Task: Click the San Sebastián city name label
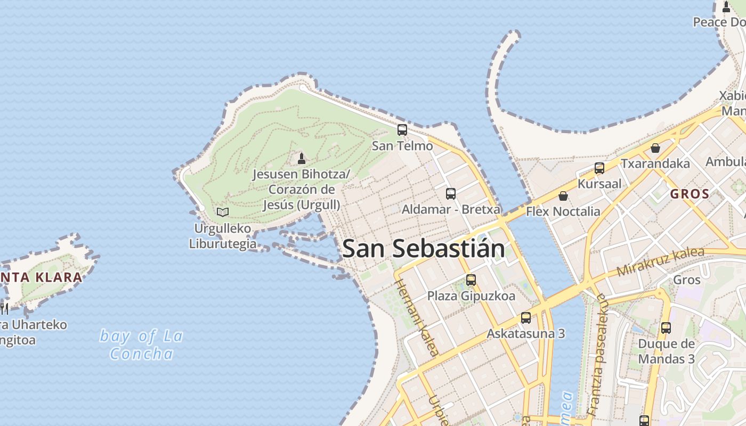(x=424, y=249)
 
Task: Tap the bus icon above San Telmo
(x=402, y=129)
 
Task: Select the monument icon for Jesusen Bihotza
(x=302, y=158)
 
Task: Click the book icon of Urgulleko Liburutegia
(x=223, y=212)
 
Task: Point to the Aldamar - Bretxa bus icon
(x=451, y=193)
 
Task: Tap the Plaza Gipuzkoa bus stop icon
(x=471, y=280)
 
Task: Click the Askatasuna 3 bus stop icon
(x=526, y=318)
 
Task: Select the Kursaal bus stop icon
(x=599, y=168)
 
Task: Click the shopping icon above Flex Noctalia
(x=563, y=196)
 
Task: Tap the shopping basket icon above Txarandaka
(x=655, y=148)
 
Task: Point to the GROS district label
(x=690, y=194)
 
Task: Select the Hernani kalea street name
(x=417, y=316)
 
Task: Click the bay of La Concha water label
(x=142, y=345)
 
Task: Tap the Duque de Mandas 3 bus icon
(x=666, y=328)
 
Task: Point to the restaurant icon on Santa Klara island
(x=3, y=308)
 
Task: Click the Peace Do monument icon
(x=726, y=7)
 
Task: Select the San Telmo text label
(x=402, y=145)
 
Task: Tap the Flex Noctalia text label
(x=563, y=211)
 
